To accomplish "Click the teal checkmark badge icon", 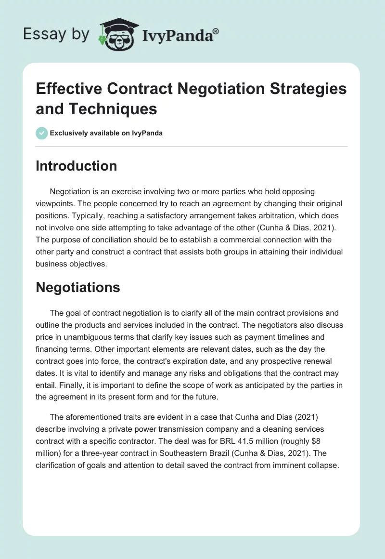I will (x=41, y=133).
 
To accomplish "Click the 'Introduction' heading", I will (x=76, y=166).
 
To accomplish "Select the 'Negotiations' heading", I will (x=77, y=288).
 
